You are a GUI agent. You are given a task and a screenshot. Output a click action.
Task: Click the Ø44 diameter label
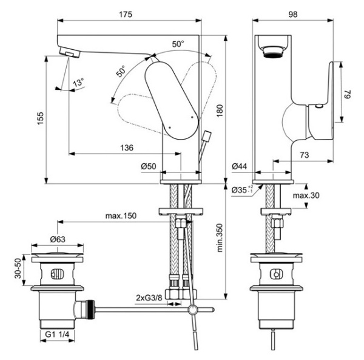(x=241, y=166)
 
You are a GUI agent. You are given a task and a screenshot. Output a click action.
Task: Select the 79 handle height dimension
(x=347, y=95)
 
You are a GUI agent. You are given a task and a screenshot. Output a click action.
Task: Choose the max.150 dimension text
(x=120, y=217)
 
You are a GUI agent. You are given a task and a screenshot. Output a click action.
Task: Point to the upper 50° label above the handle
(x=177, y=44)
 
